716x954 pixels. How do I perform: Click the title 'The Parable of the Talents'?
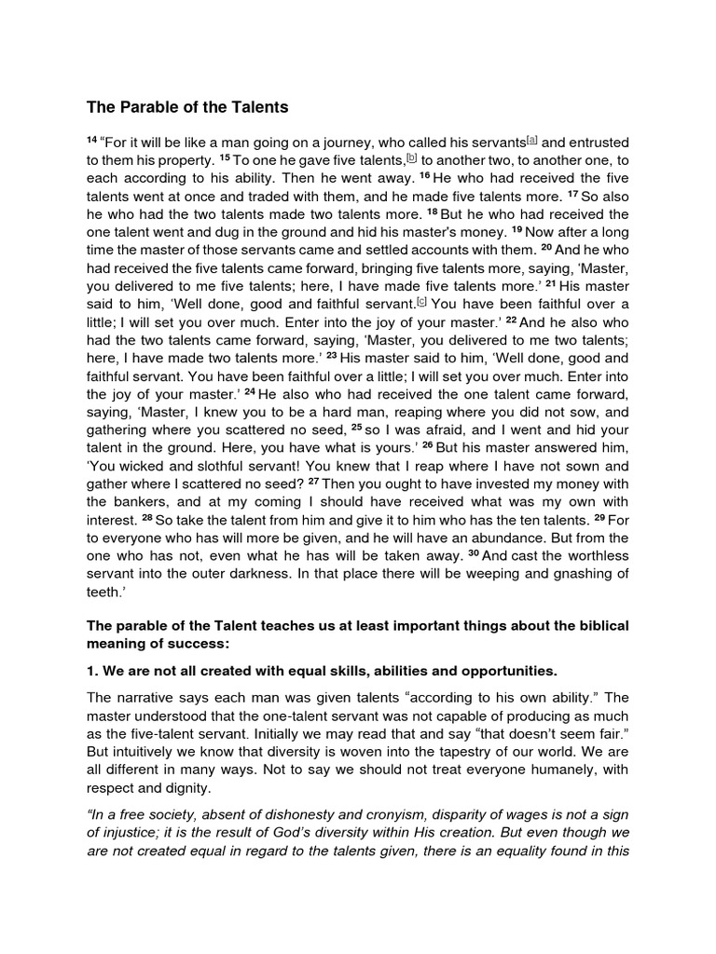pos(188,107)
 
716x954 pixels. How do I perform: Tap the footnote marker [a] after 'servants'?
pos(531,141)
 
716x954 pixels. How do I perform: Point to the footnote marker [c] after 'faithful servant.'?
pos(422,303)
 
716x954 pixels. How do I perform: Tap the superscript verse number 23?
pos(332,357)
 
